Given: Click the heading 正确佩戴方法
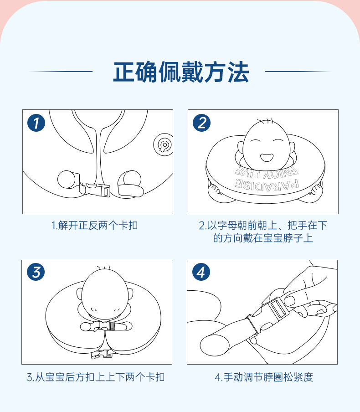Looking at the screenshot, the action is click(181, 72).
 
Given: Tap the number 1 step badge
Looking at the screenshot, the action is click(36, 123).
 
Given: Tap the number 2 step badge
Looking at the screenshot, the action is click(201, 123).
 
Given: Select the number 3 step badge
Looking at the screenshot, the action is click(36, 272).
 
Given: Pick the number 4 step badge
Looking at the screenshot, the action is click(201, 272).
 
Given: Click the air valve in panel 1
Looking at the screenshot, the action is click(164, 144).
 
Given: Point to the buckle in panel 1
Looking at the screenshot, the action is click(95, 190).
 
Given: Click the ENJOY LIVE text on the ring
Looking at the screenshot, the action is click(267, 171).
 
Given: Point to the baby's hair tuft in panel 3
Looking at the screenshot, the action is click(103, 268).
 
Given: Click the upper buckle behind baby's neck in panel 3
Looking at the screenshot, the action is click(106, 326).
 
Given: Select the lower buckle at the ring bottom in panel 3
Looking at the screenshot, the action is click(102, 354).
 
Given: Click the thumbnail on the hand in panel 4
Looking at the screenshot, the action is click(290, 301).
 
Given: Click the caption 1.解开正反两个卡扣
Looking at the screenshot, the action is click(95, 226).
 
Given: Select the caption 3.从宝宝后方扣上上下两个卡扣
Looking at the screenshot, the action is click(96, 377).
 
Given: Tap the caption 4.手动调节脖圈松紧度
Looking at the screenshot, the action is click(264, 377).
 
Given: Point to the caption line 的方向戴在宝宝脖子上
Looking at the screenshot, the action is click(263, 238).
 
